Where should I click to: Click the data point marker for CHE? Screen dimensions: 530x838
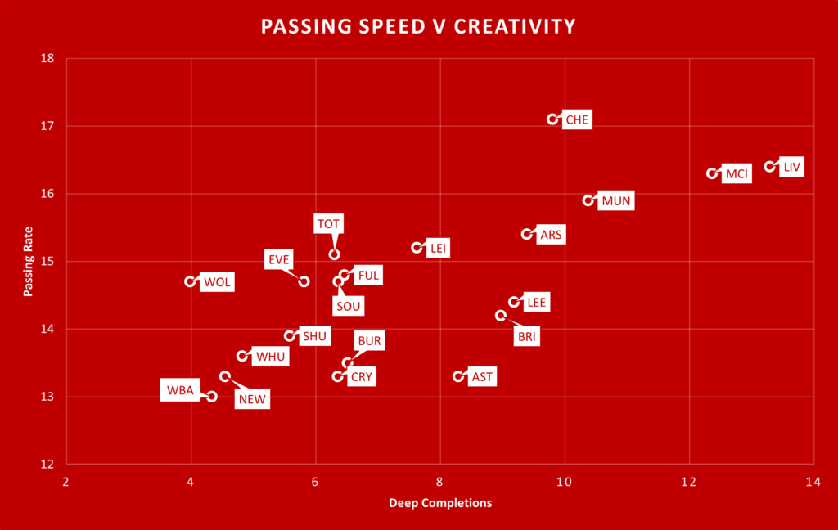[553, 119]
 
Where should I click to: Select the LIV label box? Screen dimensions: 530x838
[791, 167]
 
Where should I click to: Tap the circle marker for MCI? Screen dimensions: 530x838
[712, 173]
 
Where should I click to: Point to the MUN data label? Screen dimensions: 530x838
[616, 201]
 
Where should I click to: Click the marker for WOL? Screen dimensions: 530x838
[191, 281]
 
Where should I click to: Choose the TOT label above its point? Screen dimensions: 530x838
[330, 223]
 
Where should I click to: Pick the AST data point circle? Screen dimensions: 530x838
[458, 376]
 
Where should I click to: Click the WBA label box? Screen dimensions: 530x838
[180, 390]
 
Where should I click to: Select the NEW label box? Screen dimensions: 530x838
[252, 399]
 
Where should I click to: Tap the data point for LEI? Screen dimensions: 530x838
[417, 248]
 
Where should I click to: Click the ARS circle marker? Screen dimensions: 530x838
[527, 234]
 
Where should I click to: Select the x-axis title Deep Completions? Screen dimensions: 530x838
[440, 503]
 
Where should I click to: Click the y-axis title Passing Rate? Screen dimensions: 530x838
[28, 262]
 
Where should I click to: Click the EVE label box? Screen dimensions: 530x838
[279, 260]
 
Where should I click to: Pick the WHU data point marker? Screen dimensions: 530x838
[242, 356]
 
